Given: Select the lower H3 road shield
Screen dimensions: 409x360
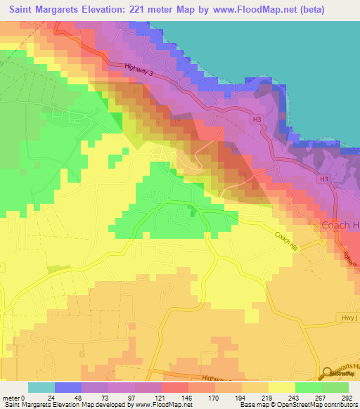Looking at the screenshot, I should click(x=323, y=179).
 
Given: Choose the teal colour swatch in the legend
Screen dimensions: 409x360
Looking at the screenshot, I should click(x=41, y=387).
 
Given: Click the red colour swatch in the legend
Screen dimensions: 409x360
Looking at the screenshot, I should click(x=175, y=387).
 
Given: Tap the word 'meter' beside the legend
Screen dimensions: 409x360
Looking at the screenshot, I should click(x=11, y=398).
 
